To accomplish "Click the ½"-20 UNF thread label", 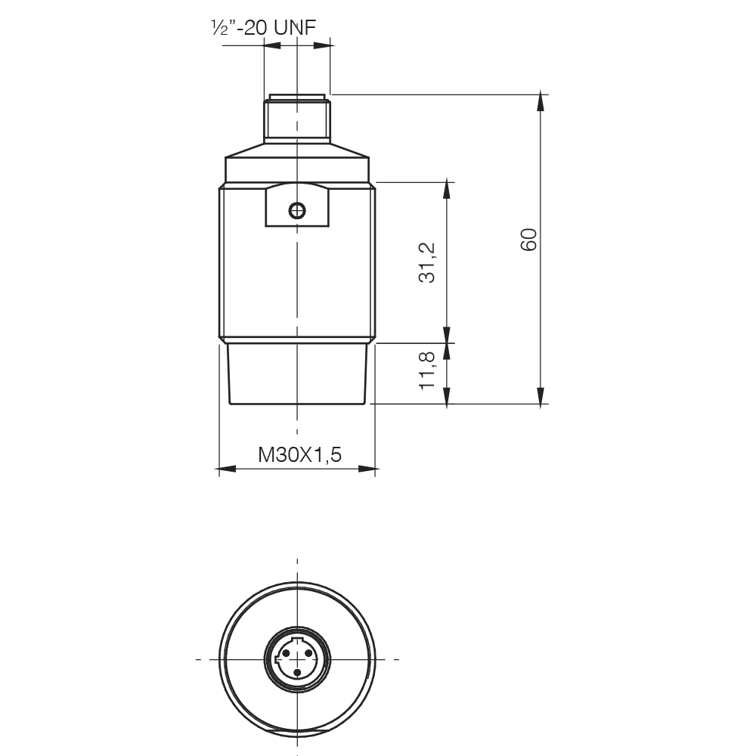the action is click(263, 28).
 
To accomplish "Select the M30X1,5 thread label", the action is click(300, 454).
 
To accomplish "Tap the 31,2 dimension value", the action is click(427, 262).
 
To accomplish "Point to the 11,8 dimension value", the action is click(427, 370).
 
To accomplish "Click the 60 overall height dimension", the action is click(529, 239).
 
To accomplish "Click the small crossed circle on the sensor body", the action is click(297, 210).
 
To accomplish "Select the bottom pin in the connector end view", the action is click(297, 672).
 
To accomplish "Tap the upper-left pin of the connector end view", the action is click(286, 653).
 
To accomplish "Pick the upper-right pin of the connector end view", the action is click(309, 653).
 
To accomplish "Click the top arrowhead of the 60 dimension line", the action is click(541, 102).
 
